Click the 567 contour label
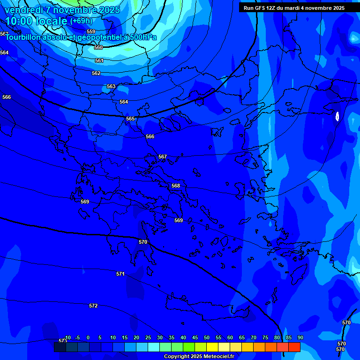163,157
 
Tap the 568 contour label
176,186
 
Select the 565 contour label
130,119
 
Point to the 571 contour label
120,274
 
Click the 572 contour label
93,306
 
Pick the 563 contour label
111,86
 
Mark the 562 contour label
96,73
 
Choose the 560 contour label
98,47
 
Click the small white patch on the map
337,116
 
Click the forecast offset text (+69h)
81,21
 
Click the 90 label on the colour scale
300,337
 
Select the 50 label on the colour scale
206,337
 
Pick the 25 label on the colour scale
148,337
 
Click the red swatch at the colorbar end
294,347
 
